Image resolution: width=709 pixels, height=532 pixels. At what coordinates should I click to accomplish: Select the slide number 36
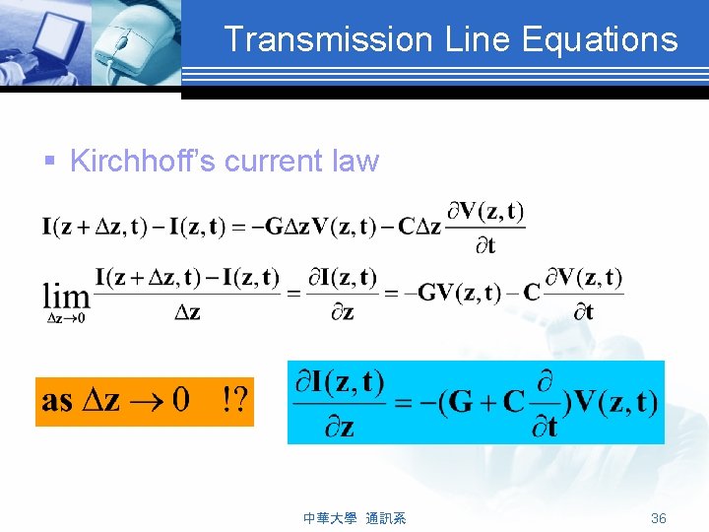coord(659,518)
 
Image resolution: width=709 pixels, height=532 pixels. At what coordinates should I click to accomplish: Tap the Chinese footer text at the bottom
coord(354,518)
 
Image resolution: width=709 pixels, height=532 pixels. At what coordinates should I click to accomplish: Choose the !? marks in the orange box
coord(234,401)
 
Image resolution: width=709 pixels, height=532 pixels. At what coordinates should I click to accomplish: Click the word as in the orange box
coord(57,402)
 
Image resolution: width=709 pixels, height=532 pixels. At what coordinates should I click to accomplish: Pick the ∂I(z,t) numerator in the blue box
coord(341,381)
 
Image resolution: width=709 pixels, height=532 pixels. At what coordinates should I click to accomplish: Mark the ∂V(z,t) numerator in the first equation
coord(486,212)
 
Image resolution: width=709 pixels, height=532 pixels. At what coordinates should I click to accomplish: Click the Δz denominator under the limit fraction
coord(187,312)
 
